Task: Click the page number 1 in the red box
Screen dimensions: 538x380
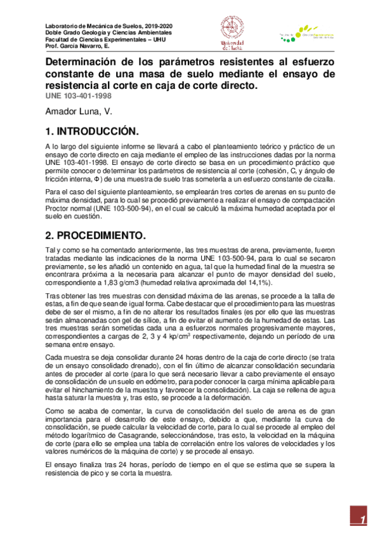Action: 364,520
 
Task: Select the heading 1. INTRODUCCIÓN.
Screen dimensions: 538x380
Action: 91,131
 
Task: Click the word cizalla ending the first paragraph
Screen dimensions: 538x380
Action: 322,180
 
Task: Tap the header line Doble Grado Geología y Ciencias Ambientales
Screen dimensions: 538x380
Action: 108,32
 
